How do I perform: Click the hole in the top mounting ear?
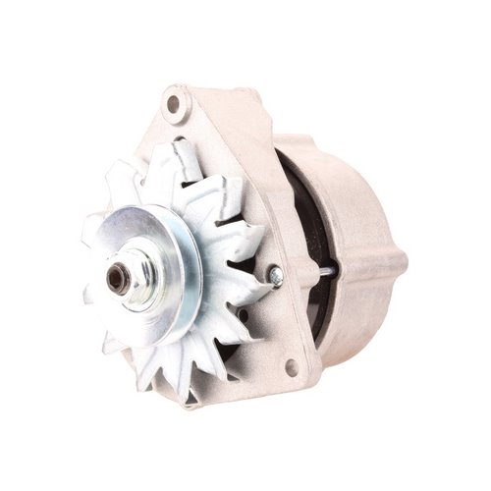coord(174,102)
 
